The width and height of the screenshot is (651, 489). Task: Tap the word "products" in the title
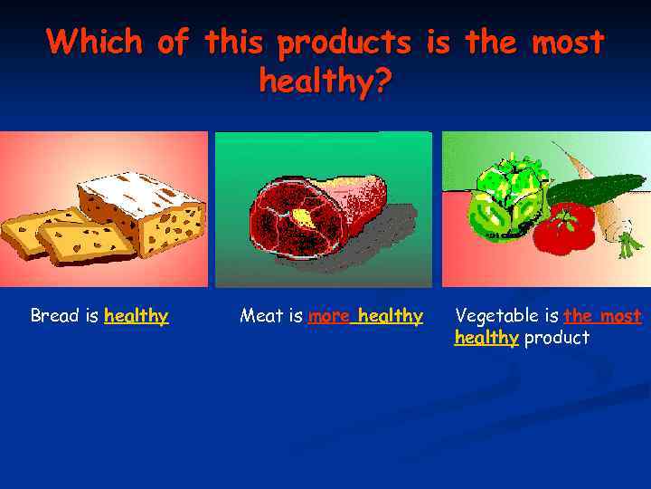click(x=344, y=43)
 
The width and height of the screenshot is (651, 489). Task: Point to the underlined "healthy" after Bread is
click(x=137, y=316)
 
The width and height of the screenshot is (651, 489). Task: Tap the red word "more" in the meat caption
click(x=328, y=316)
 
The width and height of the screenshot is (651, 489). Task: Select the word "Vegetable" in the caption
click(x=494, y=316)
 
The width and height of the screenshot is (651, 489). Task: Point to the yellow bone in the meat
click(x=300, y=217)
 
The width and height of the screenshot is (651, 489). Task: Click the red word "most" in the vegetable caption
click(x=621, y=316)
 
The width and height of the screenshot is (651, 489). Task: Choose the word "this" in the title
click(x=237, y=42)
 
